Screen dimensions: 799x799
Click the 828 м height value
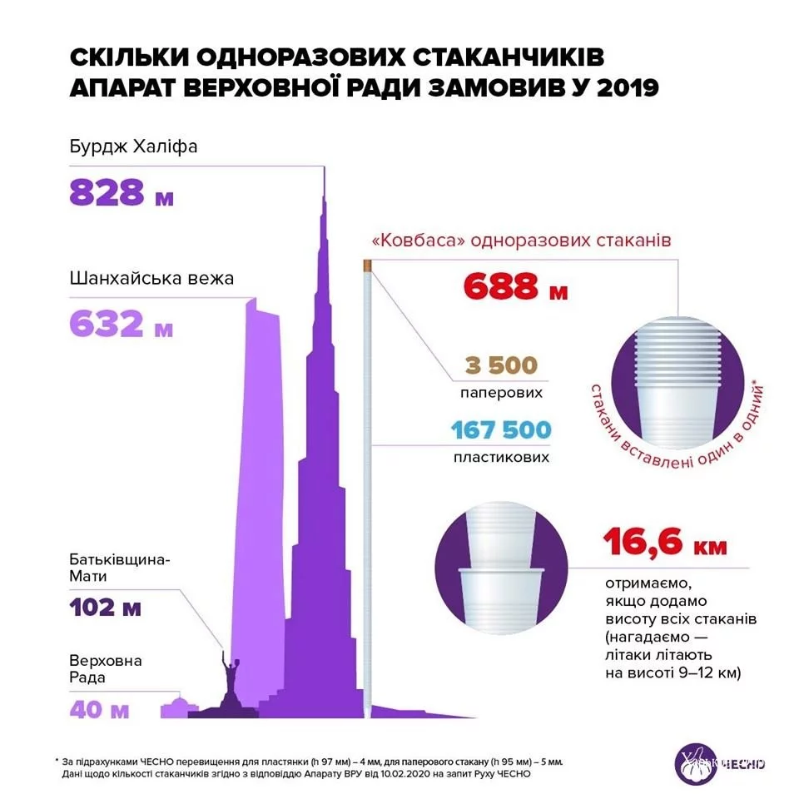coord(122,193)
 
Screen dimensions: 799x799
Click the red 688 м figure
coord(515,286)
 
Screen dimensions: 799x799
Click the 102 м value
coord(105,608)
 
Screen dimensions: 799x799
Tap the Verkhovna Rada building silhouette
coord(176,707)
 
